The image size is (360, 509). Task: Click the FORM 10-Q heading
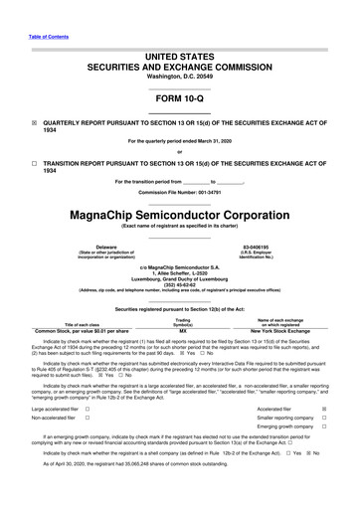(x=179, y=99)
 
